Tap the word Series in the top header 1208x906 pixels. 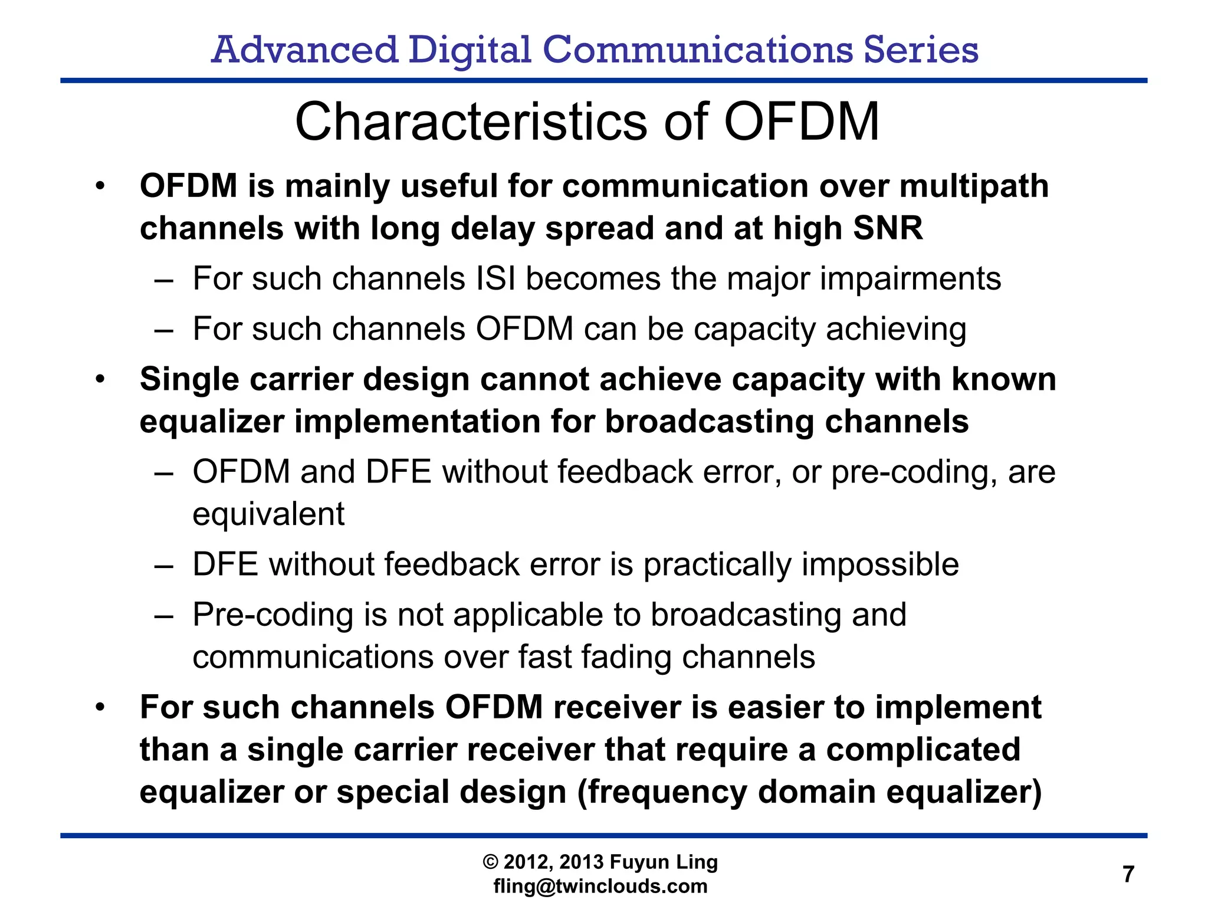tap(921, 50)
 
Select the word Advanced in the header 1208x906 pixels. tap(304, 50)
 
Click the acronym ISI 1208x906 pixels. tap(495, 278)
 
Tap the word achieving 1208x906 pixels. tap(896, 330)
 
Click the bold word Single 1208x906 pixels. tap(188, 380)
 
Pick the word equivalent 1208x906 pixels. tap(268, 514)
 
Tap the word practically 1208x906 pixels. tap(717, 565)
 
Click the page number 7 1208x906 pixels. tap(1128, 874)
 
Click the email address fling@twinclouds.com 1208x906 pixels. tap(600, 886)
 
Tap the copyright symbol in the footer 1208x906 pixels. tap(490, 862)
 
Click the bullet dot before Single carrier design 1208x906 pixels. tap(100, 379)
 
